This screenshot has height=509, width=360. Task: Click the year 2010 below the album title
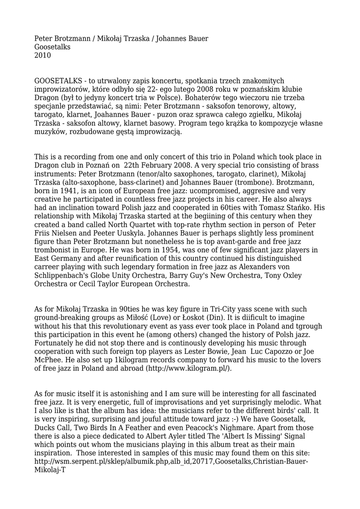coord(43,55)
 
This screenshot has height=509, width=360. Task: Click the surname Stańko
coord(310,208)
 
